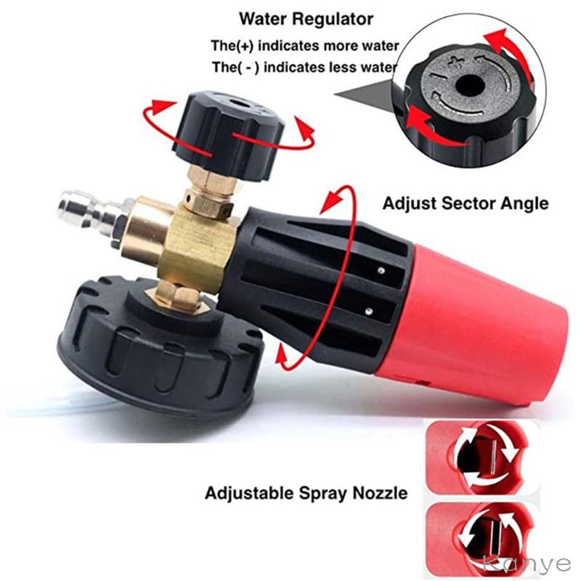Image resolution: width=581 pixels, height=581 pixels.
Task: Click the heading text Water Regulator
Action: coord(306,19)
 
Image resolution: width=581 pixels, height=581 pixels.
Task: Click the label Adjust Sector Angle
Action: coord(466,203)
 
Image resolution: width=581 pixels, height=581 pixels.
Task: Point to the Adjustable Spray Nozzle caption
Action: coord(306,494)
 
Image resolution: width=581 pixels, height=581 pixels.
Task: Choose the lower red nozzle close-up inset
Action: coord(481,538)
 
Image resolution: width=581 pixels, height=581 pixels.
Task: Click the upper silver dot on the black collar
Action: coord(381,271)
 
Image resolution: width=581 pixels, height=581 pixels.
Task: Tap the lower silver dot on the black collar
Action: coord(369,312)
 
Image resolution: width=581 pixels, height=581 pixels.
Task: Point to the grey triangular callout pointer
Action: coord(367,97)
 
